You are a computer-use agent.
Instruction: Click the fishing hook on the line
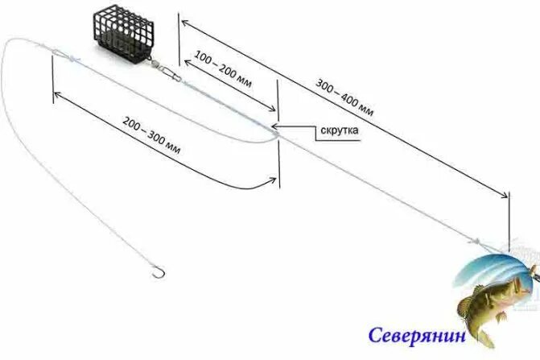pyautogui.click(x=158, y=273)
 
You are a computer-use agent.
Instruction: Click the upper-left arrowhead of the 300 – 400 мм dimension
pyautogui.click(x=183, y=19)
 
